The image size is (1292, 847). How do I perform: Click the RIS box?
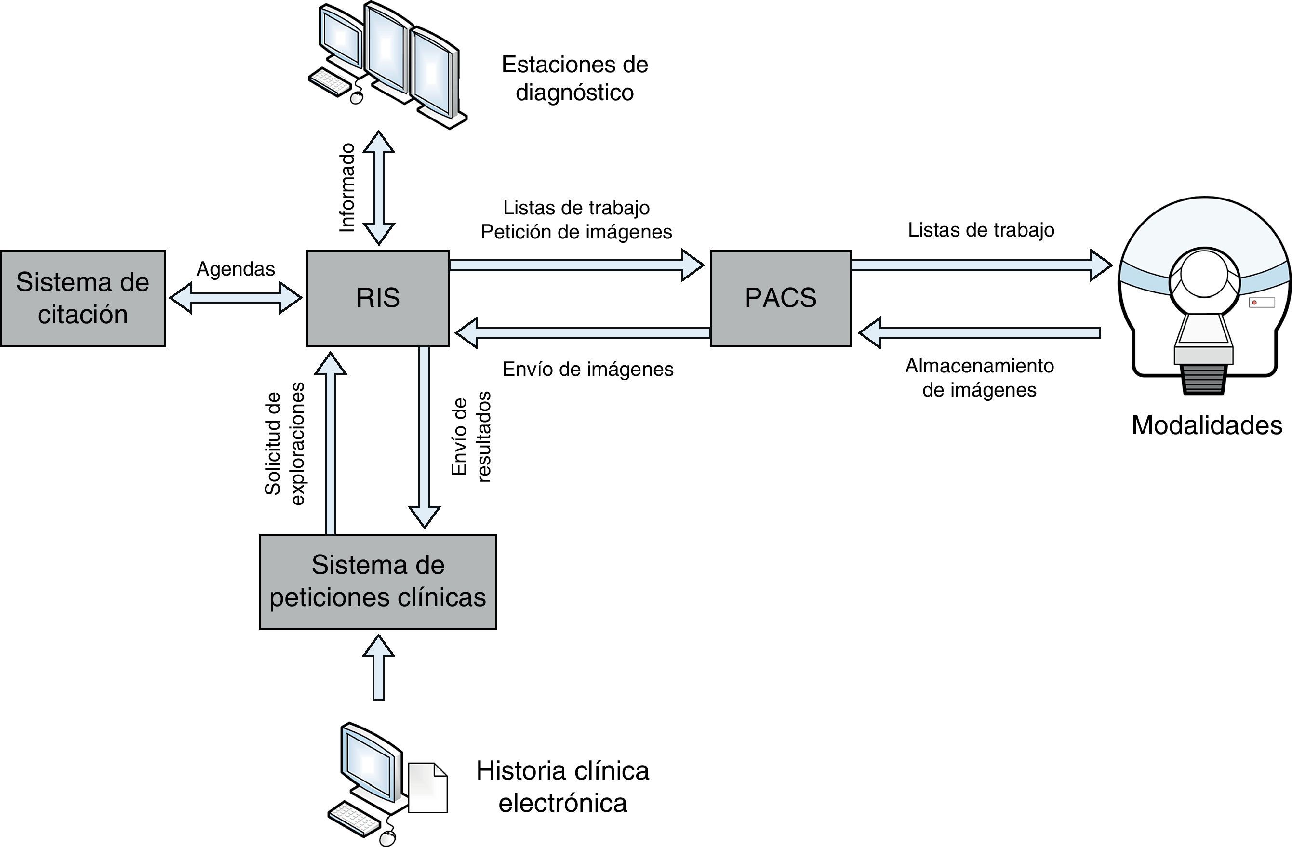tap(378, 298)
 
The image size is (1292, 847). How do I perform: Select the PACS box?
tap(781, 298)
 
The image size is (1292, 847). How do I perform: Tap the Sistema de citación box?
tap(82, 298)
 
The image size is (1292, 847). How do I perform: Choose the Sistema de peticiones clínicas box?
tap(378, 582)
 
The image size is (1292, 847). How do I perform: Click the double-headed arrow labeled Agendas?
tap(235, 298)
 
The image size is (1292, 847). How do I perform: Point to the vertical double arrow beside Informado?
tap(378, 188)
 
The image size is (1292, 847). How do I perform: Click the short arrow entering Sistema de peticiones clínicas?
tap(378, 667)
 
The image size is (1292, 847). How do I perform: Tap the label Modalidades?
tap(1207, 425)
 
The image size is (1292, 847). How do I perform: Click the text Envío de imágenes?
tap(588, 370)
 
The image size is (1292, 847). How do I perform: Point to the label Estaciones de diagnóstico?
tap(574, 78)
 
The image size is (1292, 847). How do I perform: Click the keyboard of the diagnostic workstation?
tap(330, 81)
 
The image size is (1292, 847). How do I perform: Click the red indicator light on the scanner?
tap(1254, 302)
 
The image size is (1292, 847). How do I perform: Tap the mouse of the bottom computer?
tap(387, 838)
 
